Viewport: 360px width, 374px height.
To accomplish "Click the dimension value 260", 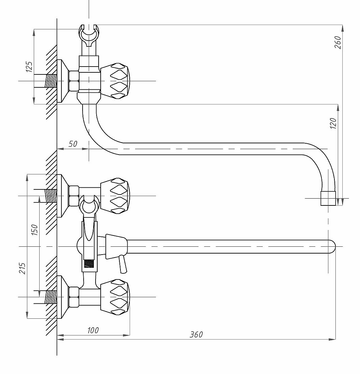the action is coord(338,42).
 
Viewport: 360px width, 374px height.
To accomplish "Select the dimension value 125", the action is coord(29,67).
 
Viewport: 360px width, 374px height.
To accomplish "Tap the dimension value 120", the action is coord(333,123).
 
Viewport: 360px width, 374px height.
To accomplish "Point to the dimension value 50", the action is coord(73,144).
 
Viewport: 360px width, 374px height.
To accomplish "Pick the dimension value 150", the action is coord(35,230).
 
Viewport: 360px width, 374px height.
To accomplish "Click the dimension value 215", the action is coord(22,268).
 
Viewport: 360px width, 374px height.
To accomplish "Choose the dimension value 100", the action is coord(93,330).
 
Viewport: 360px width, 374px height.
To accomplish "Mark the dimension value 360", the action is coord(196,334).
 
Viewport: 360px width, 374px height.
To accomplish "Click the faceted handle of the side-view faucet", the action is coord(115,81).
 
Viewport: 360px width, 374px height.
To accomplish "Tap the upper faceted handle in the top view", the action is coord(115,196).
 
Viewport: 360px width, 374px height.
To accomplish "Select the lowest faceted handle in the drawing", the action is coord(115,297).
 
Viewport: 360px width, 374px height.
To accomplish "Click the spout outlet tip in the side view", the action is coord(328,198).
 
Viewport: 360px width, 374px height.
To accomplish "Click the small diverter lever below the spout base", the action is coord(123,264).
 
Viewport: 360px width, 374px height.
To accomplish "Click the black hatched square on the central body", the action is coord(89,263).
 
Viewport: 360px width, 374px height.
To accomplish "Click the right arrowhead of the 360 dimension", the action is coord(332,339).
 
